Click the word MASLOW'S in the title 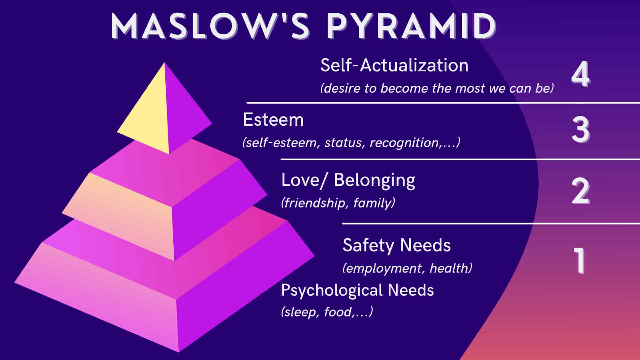(x=210, y=26)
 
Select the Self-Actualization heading (x=394, y=65)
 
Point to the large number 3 (x=580, y=130)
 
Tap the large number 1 (x=580, y=260)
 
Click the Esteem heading (x=273, y=120)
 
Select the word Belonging (x=375, y=181)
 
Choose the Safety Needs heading (x=397, y=246)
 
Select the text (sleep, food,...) (x=327, y=312)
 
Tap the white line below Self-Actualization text (x=443, y=103)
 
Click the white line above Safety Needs (x=491, y=223)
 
